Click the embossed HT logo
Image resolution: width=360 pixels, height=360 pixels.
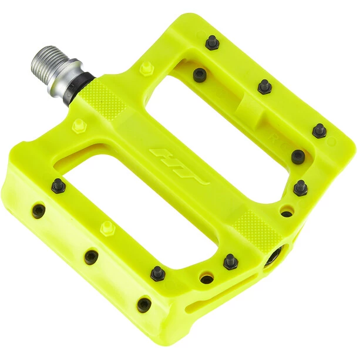point(179,167)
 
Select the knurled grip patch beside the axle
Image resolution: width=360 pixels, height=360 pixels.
point(103,100)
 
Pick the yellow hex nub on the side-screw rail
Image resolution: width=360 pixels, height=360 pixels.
point(107,227)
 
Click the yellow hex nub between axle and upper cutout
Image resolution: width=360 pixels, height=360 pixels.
point(146,69)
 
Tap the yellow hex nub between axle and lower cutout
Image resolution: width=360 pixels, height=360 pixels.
point(78,125)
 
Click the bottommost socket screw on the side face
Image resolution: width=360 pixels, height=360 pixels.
point(144,304)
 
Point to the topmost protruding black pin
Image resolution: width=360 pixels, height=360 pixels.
point(212,42)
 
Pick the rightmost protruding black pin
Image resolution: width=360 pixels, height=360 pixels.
point(319,130)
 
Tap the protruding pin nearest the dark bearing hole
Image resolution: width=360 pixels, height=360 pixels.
point(230,262)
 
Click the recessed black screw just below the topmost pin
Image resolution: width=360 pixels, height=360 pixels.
point(200,75)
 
